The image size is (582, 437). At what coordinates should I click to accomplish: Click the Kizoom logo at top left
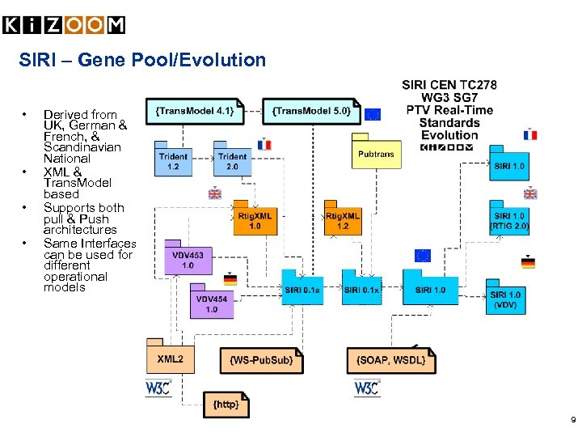[65, 26]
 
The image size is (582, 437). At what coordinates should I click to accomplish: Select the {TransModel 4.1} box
[195, 111]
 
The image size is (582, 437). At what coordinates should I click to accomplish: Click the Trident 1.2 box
[173, 161]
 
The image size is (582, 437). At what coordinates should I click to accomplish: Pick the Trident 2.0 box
[232, 161]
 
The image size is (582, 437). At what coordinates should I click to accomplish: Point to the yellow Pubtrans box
[376, 152]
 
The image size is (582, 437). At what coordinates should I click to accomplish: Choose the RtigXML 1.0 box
[255, 220]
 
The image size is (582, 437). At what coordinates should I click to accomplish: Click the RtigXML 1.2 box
[343, 220]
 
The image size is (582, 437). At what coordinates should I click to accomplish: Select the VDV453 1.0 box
[188, 260]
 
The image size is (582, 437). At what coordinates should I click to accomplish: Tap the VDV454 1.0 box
[212, 303]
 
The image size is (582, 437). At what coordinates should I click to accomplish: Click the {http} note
[226, 403]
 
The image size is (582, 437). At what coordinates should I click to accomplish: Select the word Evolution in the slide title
[227, 60]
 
